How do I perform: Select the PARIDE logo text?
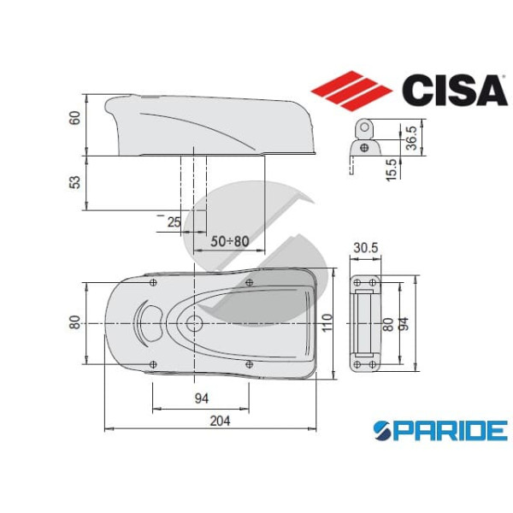coord(441,430)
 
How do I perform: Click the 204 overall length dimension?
coord(219,420)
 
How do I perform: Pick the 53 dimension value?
coord(74,183)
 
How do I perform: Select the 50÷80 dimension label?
coord(229,242)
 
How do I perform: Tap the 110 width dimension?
coord(327,323)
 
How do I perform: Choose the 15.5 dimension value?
coord(391,168)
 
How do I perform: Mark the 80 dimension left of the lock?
coord(74,322)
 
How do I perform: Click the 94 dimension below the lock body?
coord(202,398)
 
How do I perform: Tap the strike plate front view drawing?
coord(365,324)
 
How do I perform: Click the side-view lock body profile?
coord(209,125)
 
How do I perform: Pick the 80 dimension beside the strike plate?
coord(389,324)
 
